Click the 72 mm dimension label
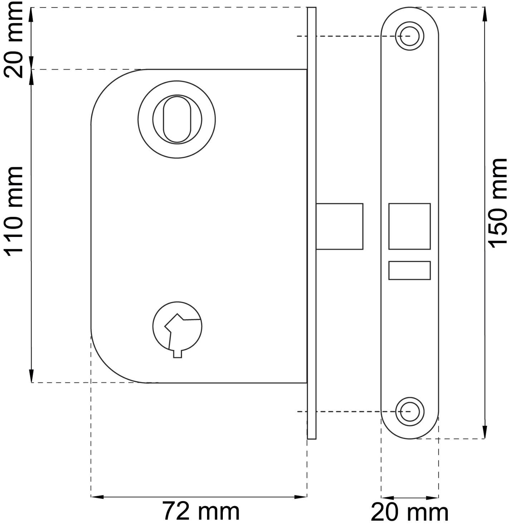click(x=201, y=512)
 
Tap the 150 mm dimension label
click(x=497, y=203)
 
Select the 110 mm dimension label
click(x=13, y=211)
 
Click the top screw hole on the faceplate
click(x=409, y=36)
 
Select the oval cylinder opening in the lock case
click(x=177, y=119)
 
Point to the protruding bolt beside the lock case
click(x=339, y=226)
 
